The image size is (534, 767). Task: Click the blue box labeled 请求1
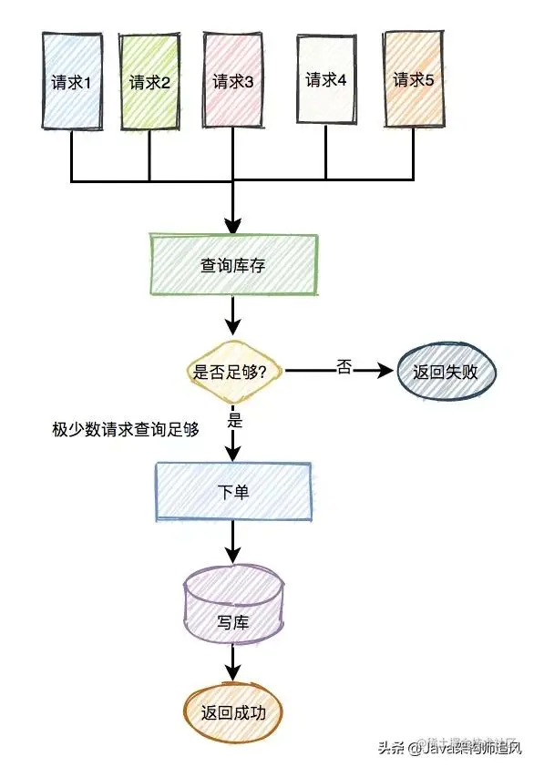(72, 81)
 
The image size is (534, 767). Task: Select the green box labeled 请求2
(150, 81)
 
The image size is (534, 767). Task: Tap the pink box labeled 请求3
(232, 81)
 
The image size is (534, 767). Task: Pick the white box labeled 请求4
(325, 79)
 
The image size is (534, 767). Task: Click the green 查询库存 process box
(233, 265)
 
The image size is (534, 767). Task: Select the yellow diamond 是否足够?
(232, 372)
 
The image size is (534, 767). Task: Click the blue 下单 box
(233, 491)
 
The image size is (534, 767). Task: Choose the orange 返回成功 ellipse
(233, 712)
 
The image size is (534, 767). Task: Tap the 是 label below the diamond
(233, 422)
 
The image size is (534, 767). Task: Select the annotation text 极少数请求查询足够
(126, 429)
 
